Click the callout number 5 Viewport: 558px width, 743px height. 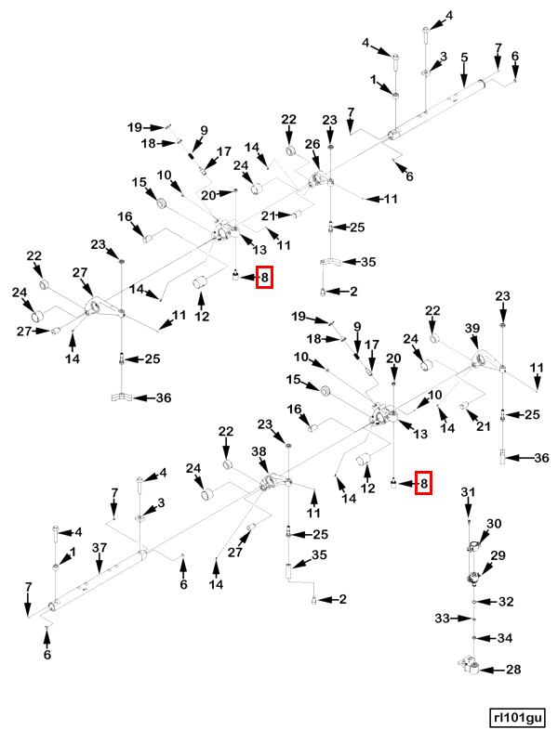(464, 58)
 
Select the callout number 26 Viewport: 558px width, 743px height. (312, 144)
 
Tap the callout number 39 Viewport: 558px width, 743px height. (472, 329)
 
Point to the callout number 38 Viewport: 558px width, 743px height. (259, 451)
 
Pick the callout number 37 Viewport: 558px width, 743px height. (100, 548)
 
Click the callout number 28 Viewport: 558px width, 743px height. (513, 669)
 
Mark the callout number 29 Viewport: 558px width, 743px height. (498, 554)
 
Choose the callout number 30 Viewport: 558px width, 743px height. (494, 524)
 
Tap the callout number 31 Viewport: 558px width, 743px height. (468, 492)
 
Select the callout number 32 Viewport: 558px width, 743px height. (506, 601)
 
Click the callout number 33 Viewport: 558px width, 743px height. (443, 619)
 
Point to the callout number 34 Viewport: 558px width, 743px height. (505, 638)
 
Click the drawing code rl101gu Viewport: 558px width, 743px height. (517, 718)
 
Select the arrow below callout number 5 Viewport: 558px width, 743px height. (464, 76)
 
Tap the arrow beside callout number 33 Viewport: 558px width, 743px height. (461, 619)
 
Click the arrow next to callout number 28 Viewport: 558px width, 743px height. (493, 670)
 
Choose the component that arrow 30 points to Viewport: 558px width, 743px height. (474, 547)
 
